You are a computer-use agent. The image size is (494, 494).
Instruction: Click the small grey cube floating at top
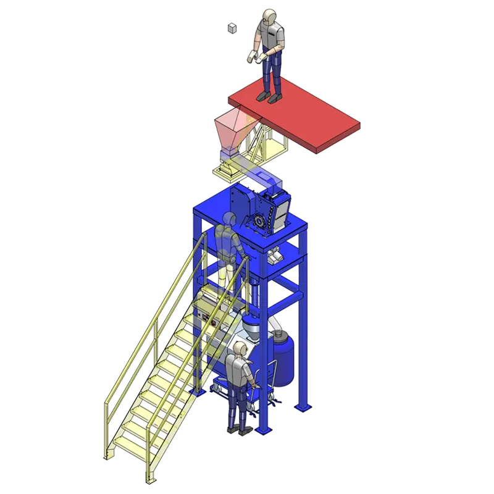(232, 28)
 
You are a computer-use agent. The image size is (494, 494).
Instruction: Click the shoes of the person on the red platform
(269, 98)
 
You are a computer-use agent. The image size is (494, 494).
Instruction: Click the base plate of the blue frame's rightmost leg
(302, 407)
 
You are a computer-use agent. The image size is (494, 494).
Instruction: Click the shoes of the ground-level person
(238, 431)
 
